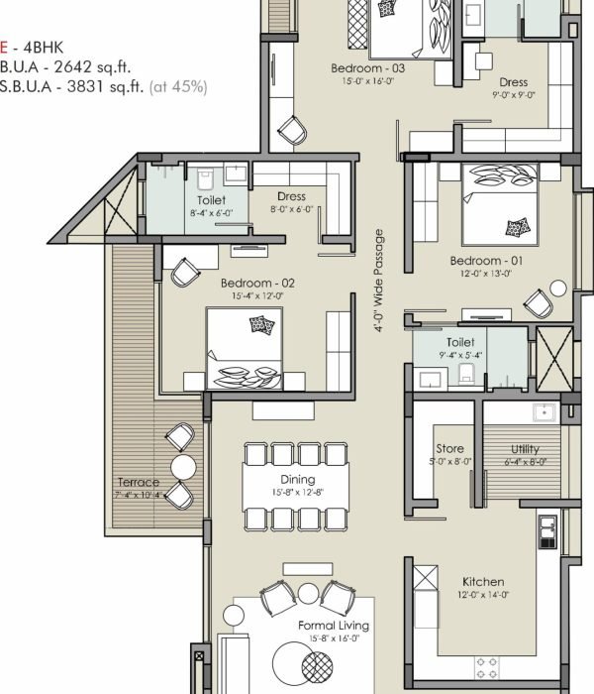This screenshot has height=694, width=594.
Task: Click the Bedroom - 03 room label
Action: pos(367,68)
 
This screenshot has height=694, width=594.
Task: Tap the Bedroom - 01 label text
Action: pos(486,261)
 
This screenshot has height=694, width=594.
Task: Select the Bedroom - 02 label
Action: pos(257,283)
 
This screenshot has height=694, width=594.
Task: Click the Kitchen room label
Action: pos(483,582)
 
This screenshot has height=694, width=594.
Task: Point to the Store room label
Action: pos(449,449)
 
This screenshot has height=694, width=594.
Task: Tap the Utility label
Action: pos(525,449)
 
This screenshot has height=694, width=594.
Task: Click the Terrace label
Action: pos(139,482)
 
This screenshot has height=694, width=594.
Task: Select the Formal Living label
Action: pos(334,626)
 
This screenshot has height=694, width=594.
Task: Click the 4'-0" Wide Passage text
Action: pos(378,281)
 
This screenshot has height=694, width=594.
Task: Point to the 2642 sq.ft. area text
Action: pos(92,66)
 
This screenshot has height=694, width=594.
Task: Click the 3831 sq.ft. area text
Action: pos(105,86)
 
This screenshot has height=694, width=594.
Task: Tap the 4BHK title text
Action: pos(43,48)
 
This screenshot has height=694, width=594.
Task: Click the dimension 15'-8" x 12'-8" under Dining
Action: pos(298,492)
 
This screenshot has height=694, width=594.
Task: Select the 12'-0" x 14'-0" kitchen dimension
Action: pos(483,595)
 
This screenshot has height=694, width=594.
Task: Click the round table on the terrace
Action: pos(183,467)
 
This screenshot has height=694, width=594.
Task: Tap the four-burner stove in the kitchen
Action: pos(487,668)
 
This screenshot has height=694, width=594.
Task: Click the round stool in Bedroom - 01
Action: pos(558,289)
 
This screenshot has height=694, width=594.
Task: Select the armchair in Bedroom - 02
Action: pos(185,272)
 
